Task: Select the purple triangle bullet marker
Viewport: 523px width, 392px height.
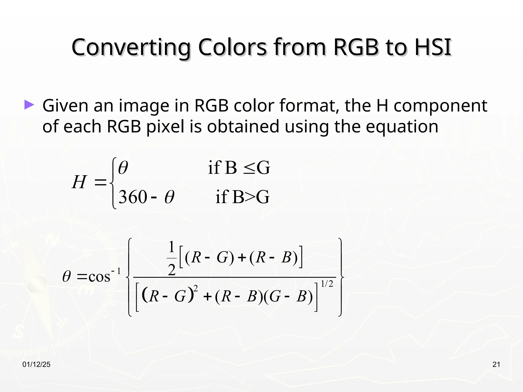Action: click(x=29, y=105)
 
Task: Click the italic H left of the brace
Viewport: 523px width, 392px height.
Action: click(x=79, y=182)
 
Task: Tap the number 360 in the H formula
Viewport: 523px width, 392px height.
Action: click(x=133, y=197)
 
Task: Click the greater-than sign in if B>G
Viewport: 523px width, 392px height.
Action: click(x=250, y=197)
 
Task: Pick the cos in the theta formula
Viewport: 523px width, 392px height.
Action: click(x=99, y=277)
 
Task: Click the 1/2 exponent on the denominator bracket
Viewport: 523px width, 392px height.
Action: click(x=327, y=284)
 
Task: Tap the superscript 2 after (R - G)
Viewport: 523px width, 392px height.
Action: click(x=196, y=288)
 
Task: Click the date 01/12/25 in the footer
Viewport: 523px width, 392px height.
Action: click(x=37, y=365)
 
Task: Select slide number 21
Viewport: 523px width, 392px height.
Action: click(x=496, y=365)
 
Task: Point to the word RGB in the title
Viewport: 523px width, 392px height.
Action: click(x=356, y=47)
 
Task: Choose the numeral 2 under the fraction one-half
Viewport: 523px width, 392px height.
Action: click(x=172, y=270)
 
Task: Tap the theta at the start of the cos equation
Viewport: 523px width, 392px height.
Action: click(x=66, y=277)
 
